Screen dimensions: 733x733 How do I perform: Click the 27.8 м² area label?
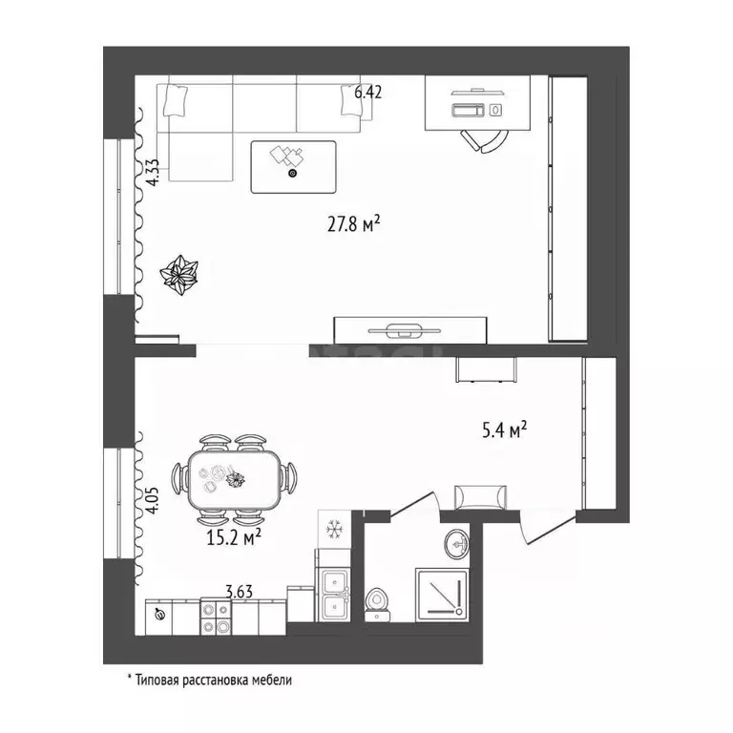pos(353,224)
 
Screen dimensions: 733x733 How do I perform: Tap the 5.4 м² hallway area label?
pos(504,429)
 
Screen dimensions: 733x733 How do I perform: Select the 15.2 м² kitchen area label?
pos(233,537)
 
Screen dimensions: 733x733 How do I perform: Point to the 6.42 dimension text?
pos(367,92)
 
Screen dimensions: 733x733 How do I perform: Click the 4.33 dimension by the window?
pos(154,173)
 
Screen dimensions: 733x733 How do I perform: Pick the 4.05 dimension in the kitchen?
pos(154,501)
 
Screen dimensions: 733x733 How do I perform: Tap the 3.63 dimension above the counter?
pos(239,592)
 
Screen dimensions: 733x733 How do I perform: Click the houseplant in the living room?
pos(179,275)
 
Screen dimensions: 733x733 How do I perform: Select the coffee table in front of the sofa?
pos(293,167)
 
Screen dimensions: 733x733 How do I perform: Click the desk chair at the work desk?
pos(484,140)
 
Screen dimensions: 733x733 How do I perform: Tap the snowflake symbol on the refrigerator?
pos(334,530)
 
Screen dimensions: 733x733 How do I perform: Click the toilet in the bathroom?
pos(376,604)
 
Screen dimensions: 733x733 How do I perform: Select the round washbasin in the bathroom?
pos(457,544)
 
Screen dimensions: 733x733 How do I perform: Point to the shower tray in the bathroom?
pos(442,596)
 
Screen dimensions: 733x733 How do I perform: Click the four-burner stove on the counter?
pos(216,617)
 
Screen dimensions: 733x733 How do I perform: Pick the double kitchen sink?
pos(333,595)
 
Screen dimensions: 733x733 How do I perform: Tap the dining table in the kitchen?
pos(234,480)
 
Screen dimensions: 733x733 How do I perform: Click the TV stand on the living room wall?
pos(410,330)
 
